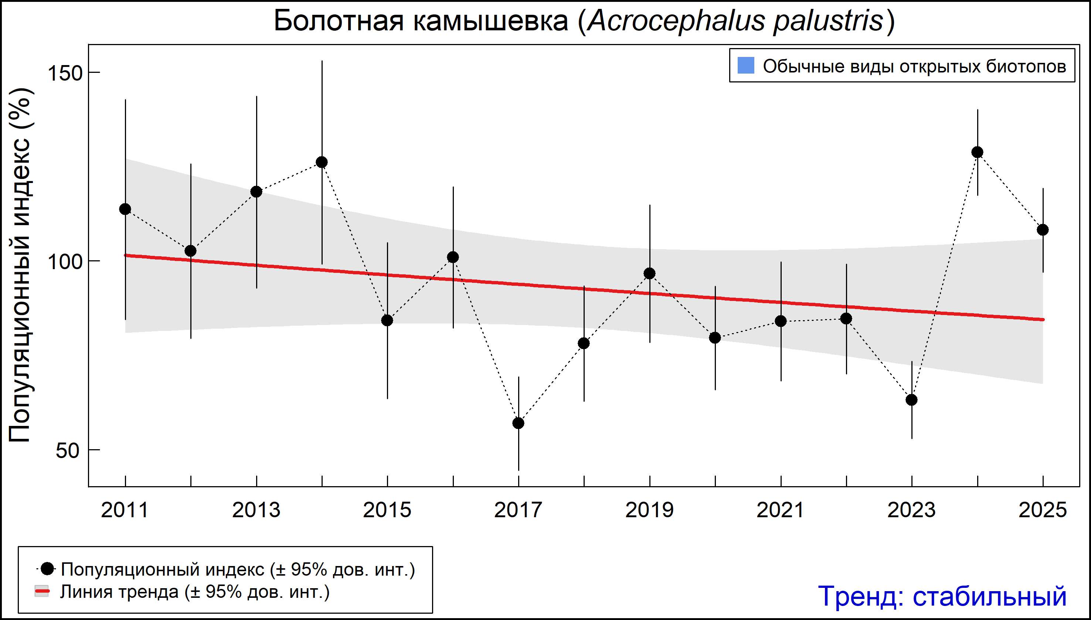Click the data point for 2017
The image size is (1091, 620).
point(518,423)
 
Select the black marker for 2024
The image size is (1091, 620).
point(977,152)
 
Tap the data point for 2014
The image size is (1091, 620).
point(322,162)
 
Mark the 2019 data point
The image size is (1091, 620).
point(650,273)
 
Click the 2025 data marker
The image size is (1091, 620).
point(1043,230)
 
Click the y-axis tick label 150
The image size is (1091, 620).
point(64,73)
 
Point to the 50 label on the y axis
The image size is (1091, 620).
point(68,451)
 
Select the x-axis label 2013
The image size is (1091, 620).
point(256,510)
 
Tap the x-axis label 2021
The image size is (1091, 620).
point(780,510)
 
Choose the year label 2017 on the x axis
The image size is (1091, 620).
point(518,510)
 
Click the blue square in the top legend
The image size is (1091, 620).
point(746,65)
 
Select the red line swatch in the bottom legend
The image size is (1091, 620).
point(42,592)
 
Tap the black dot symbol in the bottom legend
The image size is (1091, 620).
point(47,569)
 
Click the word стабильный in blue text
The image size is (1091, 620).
point(989,596)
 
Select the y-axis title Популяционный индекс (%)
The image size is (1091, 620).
point(20,265)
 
